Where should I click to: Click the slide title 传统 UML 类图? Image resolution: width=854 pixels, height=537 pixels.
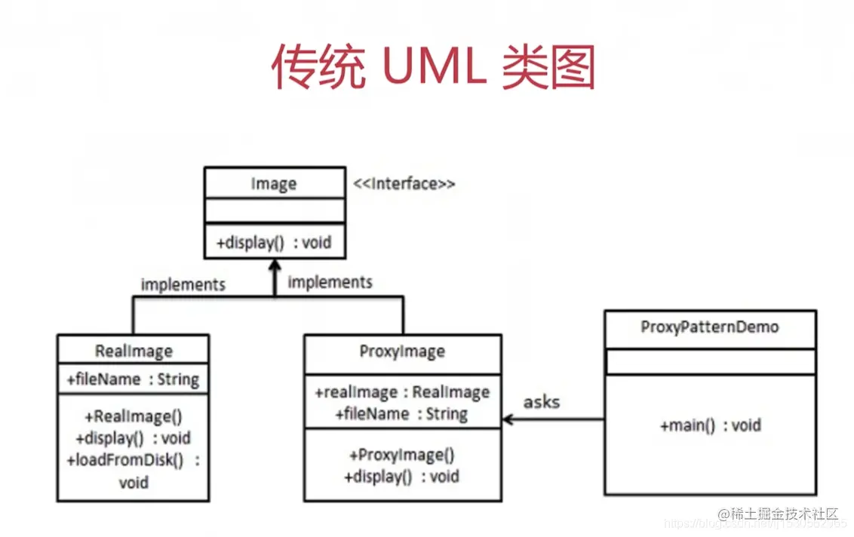(x=433, y=68)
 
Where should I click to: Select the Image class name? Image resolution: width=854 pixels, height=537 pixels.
(x=273, y=184)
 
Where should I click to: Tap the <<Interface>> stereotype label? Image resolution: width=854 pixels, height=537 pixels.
(x=404, y=183)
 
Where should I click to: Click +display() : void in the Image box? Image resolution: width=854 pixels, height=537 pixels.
(x=273, y=244)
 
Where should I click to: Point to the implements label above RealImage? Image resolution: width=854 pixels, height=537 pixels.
(x=183, y=284)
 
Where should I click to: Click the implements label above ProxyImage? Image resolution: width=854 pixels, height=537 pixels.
(x=330, y=282)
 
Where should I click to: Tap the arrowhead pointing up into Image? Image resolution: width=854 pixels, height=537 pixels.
(x=274, y=266)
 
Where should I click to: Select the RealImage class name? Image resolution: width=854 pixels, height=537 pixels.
(x=134, y=351)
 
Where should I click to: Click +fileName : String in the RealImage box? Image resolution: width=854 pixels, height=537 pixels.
(x=133, y=379)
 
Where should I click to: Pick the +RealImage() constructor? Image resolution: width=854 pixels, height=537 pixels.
(x=134, y=416)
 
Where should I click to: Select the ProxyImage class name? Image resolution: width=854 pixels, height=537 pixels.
(x=402, y=351)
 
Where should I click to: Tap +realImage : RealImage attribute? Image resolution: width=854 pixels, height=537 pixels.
(x=402, y=392)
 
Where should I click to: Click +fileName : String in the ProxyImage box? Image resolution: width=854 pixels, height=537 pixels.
(x=402, y=413)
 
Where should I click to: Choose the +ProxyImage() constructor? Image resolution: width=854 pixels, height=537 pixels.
(x=402, y=455)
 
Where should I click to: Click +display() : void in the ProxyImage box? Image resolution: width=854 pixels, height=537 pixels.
(x=402, y=476)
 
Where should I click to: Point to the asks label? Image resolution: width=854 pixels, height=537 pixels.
(x=541, y=401)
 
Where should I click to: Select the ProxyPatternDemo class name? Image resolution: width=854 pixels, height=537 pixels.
(x=709, y=327)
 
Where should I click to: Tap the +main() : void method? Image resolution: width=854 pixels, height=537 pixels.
(x=710, y=425)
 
